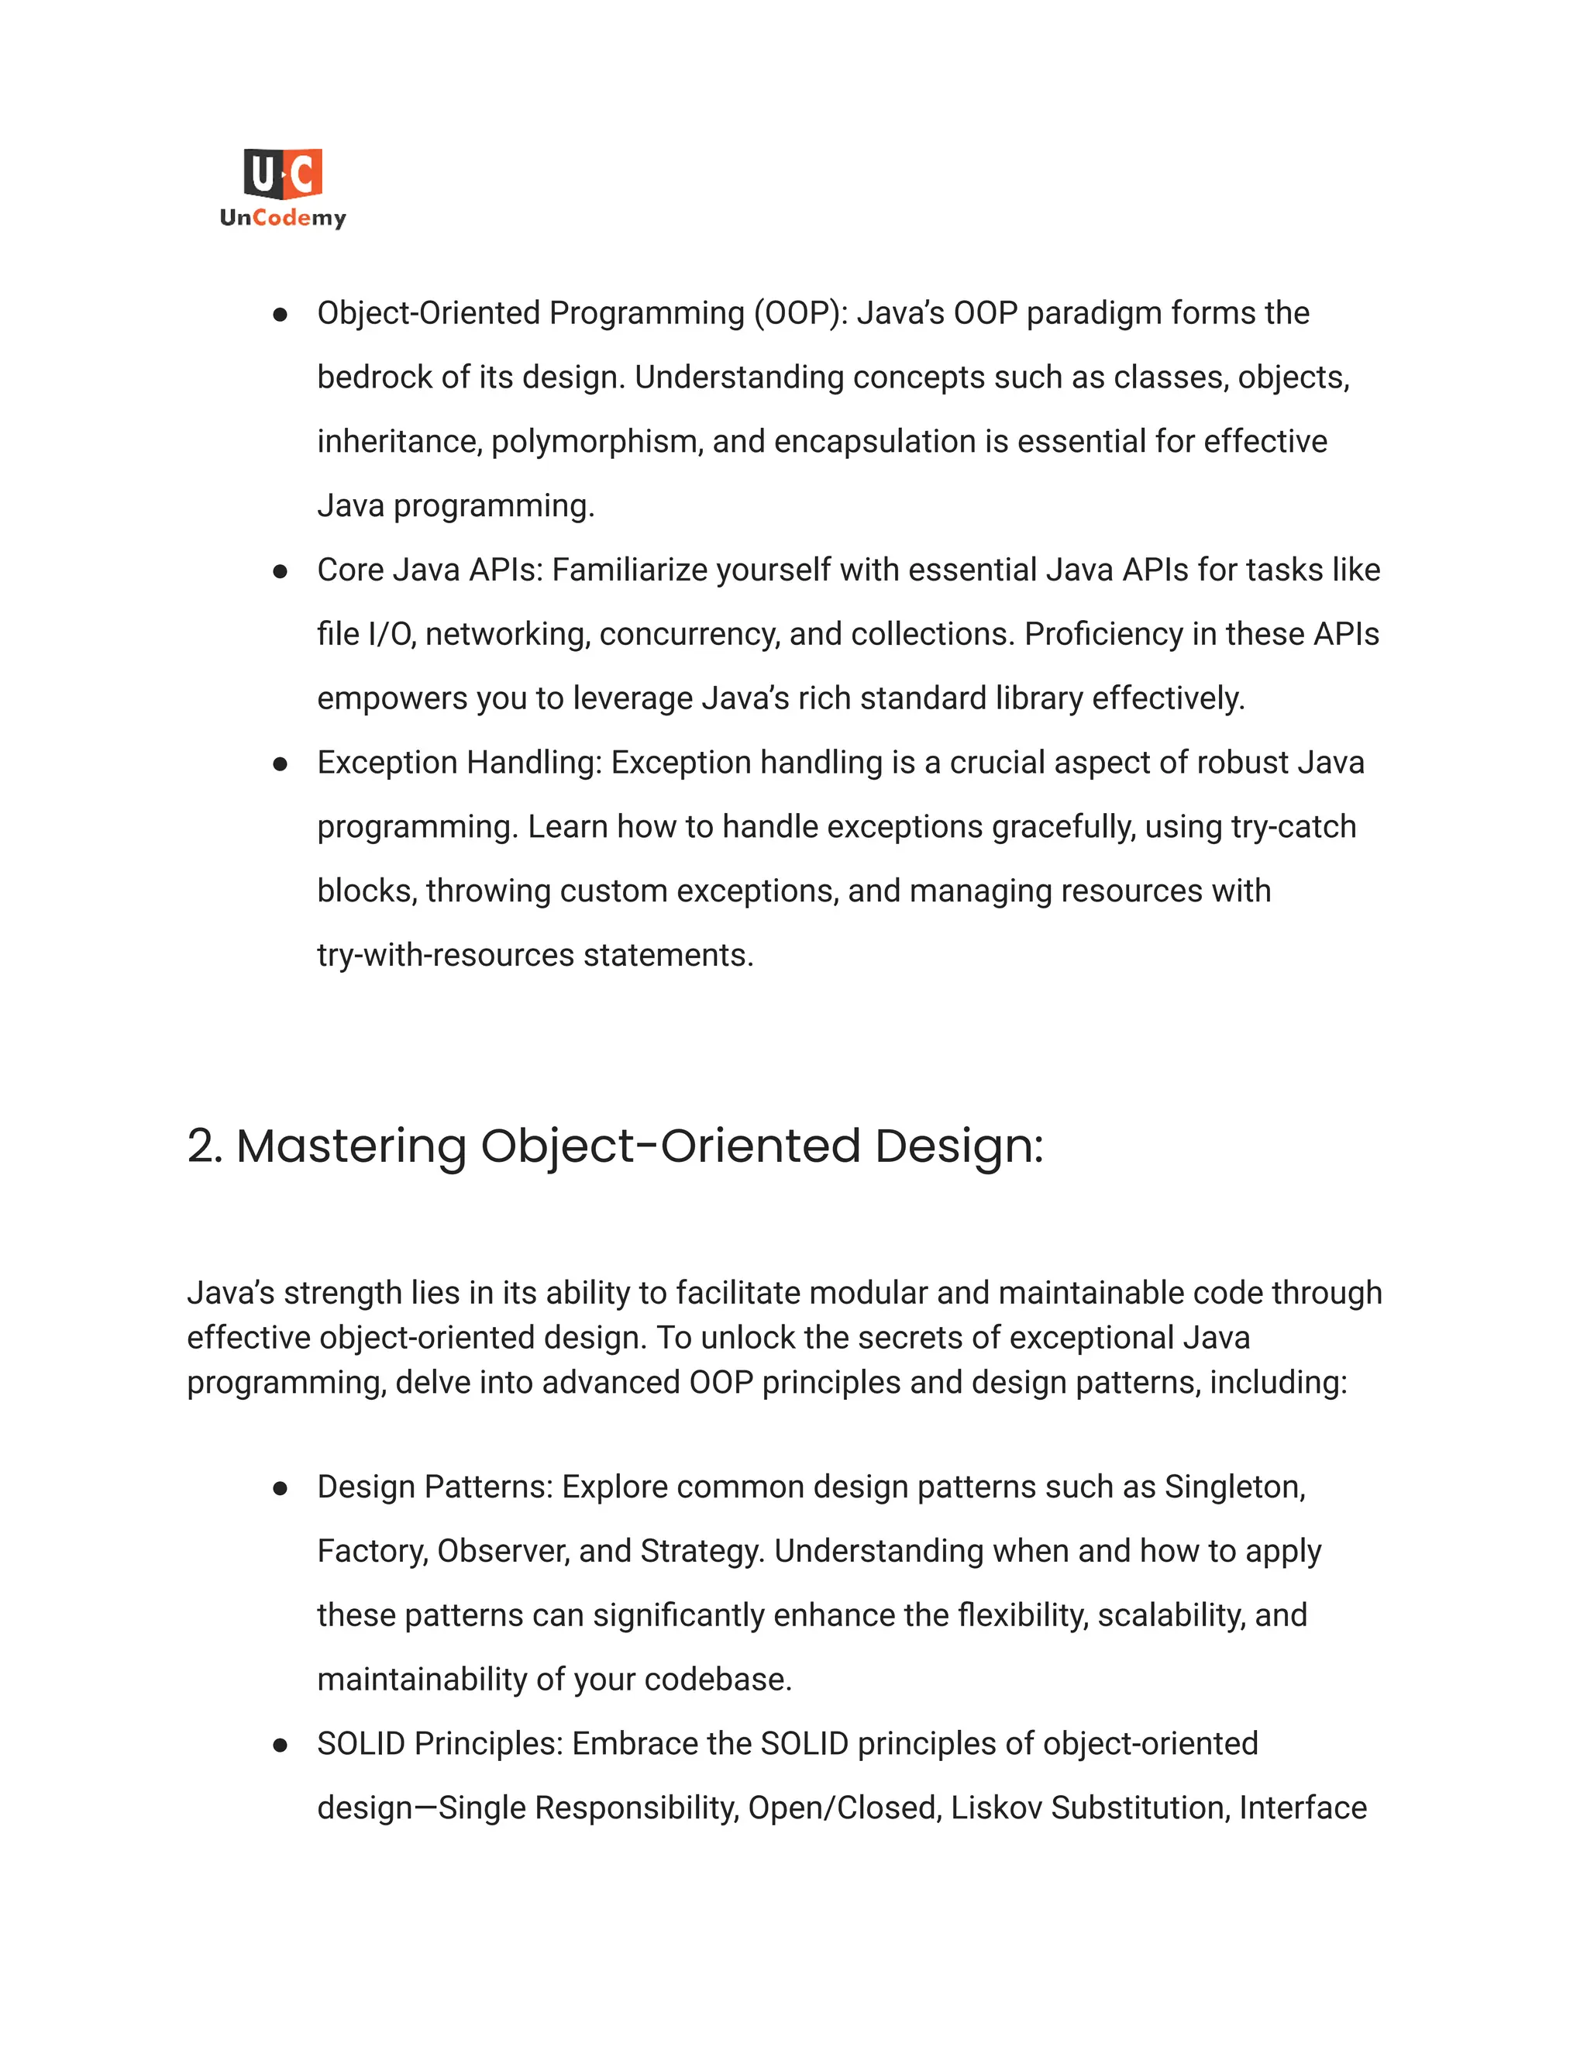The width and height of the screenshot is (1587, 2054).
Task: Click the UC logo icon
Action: (283, 174)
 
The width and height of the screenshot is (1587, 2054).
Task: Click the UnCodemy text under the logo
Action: (283, 219)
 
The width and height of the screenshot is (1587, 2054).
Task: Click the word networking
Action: (508, 634)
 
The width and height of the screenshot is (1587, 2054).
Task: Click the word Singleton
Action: (1234, 1487)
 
